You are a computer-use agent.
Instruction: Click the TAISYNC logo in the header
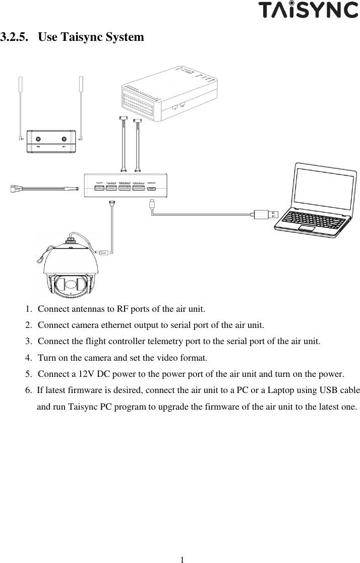click(308, 10)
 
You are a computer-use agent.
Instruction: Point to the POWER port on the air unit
click(99, 189)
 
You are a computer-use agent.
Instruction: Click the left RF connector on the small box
click(38, 139)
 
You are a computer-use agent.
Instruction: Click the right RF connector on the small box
click(64, 139)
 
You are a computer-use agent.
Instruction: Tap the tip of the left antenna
click(21, 81)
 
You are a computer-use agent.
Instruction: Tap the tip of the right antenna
click(80, 81)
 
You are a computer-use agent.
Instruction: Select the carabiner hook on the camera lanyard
click(39, 259)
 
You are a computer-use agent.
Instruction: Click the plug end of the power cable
click(16, 189)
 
